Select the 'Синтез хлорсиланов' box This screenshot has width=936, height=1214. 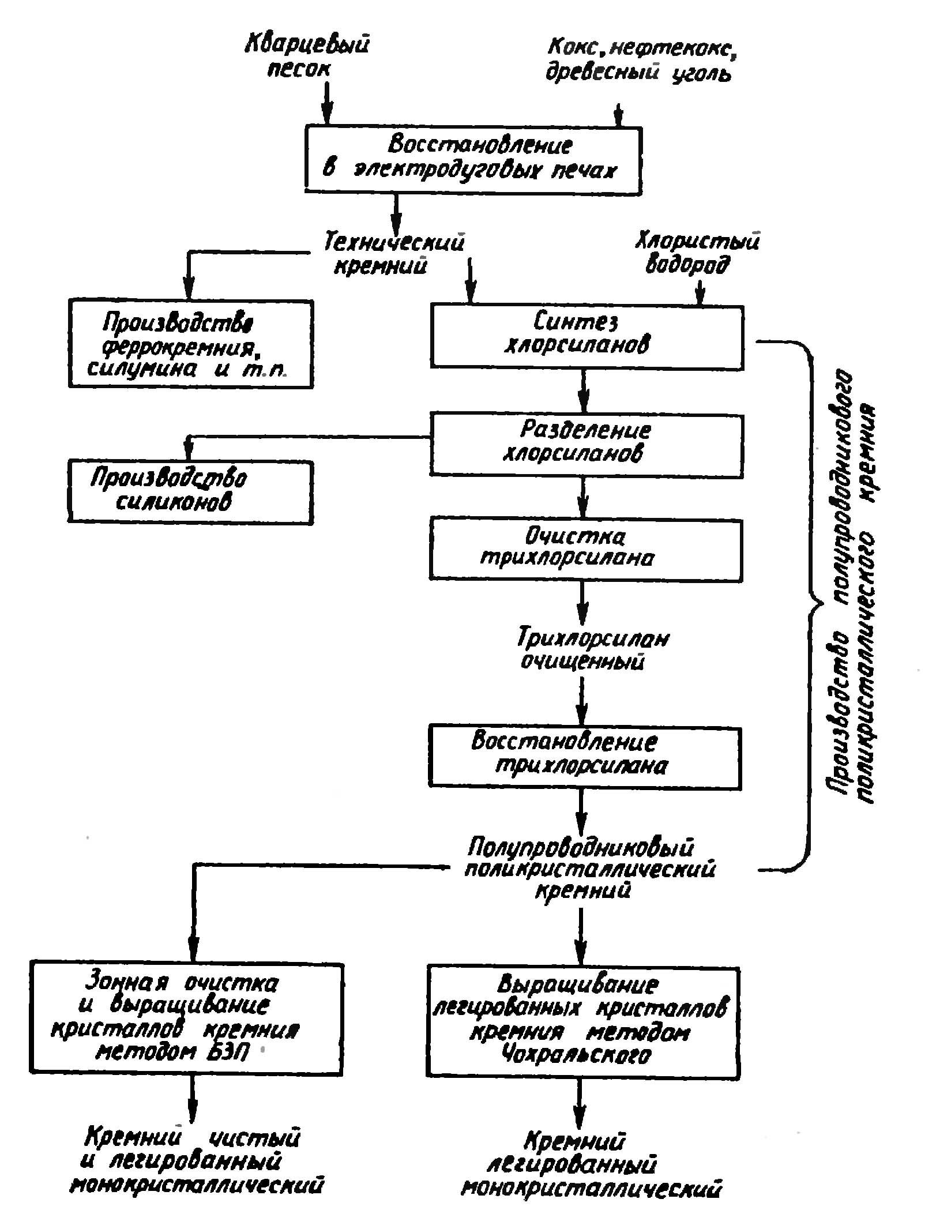click(x=587, y=337)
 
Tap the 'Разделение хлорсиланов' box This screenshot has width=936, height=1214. click(x=586, y=445)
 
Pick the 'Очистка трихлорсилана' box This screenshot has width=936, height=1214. click(x=585, y=550)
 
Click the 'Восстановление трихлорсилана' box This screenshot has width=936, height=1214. click(x=584, y=757)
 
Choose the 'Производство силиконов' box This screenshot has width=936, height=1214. click(x=191, y=491)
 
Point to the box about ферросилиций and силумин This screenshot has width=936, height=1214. click(x=191, y=344)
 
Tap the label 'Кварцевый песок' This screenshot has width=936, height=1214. click(x=306, y=55)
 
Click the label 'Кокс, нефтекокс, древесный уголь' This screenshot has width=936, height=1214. click(x=641, y=60)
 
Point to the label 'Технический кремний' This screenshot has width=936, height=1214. click(x=393, y=253)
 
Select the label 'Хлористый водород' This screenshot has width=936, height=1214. click(x=697, y=253)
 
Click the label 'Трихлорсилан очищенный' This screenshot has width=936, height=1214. click(x=592, y=648)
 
